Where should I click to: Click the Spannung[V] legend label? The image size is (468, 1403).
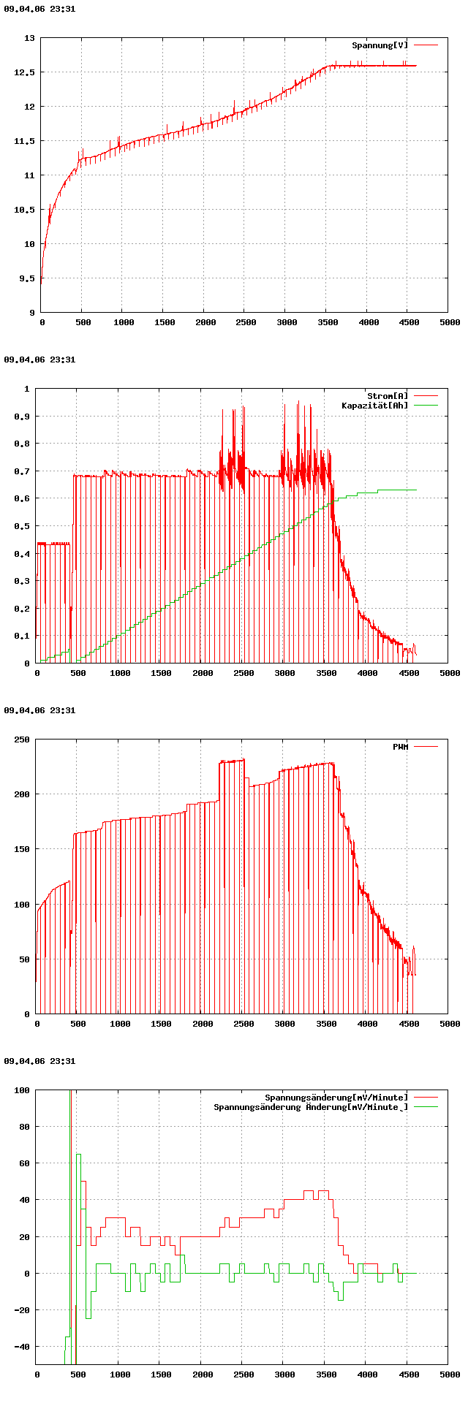[380, 45]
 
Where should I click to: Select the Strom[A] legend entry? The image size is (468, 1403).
[388, 396]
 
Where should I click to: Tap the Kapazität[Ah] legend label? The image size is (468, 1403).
[374, 406]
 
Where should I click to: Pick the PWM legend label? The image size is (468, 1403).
[400, 747]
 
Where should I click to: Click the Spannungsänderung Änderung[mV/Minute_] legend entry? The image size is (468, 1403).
[311, 1107]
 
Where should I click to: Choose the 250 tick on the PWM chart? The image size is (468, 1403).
[23, 739]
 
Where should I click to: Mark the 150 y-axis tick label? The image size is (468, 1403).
[23, 849]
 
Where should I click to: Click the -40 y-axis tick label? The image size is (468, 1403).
[23, 1347]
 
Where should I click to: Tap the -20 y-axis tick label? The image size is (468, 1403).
[23, 1310]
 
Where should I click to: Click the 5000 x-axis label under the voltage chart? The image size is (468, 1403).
[450, 322]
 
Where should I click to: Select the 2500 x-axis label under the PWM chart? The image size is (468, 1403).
[244, 1024]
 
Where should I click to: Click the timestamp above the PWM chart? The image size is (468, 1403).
[39, 710]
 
